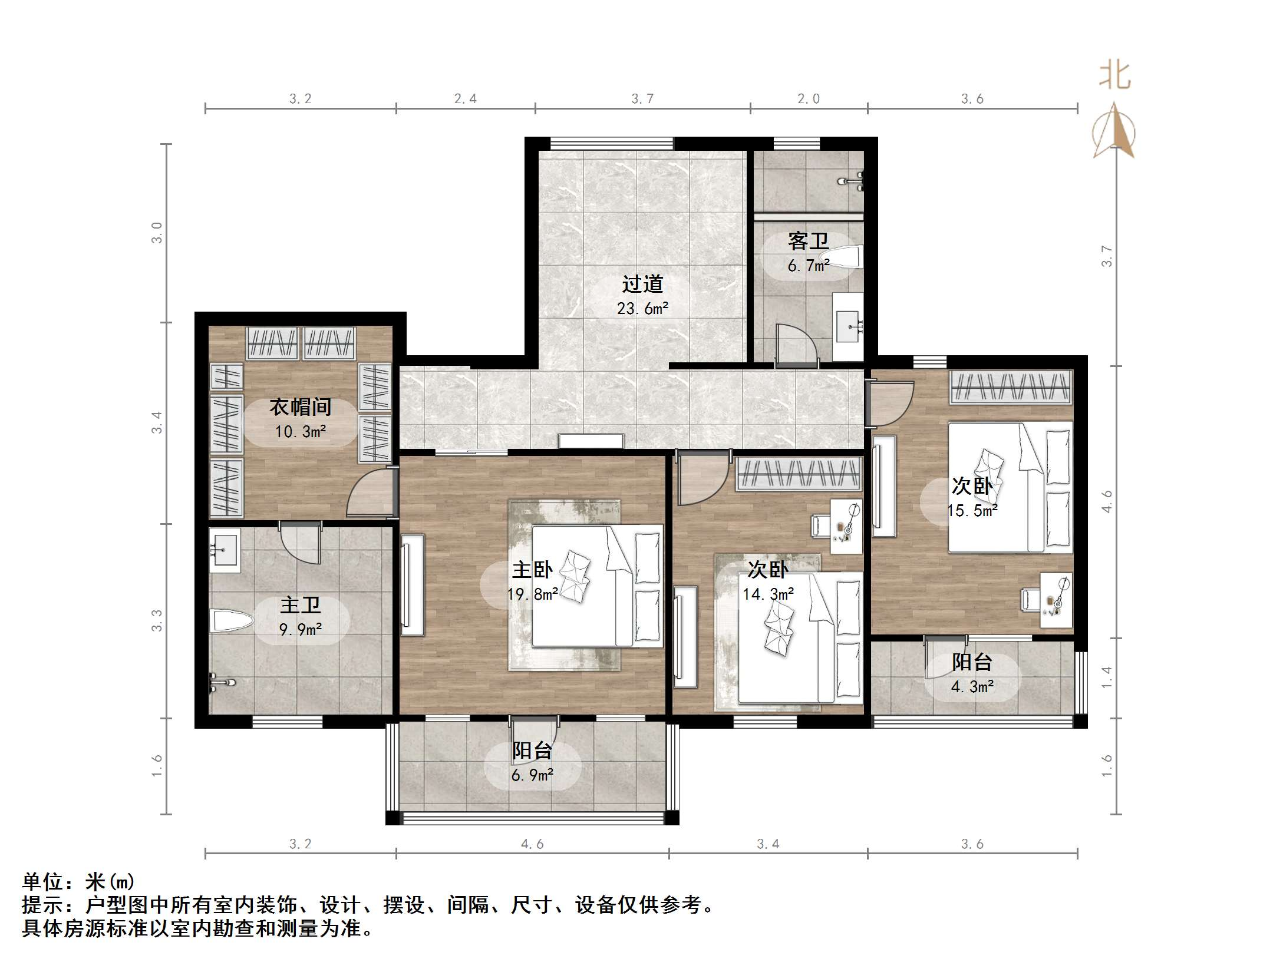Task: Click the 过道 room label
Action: click(x=642, y=285)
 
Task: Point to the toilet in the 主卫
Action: click(x=231, y=621)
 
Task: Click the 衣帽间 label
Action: click(x=301, y=406)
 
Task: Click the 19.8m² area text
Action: click(x=532, y=594)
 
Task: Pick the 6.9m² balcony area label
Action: click(x=532, y=775)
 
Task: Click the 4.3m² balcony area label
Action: click(x=972, y=687)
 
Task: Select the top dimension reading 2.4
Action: click(x=465, y=99)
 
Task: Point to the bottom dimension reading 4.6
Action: click(x=532, y=844)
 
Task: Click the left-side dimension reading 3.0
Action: click(x=157, y=233)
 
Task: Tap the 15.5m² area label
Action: click(x=972, y=511)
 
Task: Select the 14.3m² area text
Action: click(x=767, y=594)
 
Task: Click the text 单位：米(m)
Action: click(x=78, y=882)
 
